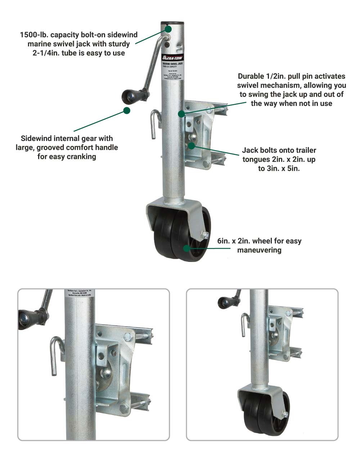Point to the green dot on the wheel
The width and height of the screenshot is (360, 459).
click(186, 248)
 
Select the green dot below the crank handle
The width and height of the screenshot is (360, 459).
click(127, 110)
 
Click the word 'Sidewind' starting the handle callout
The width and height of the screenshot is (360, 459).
click(36, 138)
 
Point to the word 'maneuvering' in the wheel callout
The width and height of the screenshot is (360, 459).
click(259, 250)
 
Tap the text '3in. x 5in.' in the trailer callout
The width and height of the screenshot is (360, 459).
click(279, 168)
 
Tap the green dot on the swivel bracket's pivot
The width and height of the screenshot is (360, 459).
click(192, 146)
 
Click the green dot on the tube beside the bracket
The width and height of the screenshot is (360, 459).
click(181, 114)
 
